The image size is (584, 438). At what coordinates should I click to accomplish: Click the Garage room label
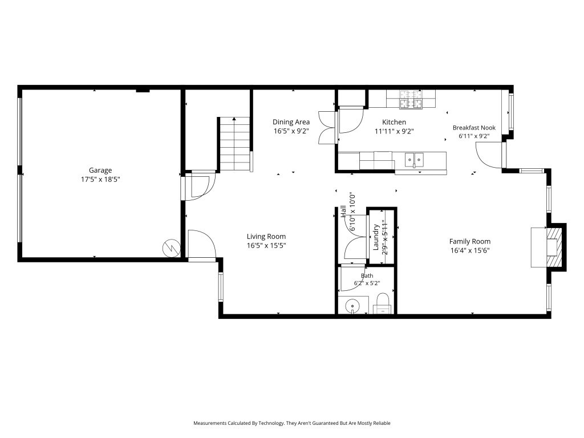[100, 170]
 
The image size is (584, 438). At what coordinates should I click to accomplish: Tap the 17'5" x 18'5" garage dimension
[100, 180]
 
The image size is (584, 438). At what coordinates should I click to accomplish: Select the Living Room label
[266, 237]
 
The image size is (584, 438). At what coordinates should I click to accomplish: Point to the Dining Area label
[291, 122]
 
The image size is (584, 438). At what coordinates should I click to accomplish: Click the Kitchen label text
[394, 122]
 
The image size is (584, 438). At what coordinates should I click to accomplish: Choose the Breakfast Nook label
[474, 128]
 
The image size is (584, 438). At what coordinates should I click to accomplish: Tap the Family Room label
[470, 241]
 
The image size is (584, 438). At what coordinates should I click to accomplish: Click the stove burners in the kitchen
[411, 99]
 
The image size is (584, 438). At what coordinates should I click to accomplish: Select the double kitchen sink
[414, 160]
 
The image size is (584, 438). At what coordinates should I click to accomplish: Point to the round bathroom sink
[352, 306]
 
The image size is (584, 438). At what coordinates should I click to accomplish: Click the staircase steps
[234, 144]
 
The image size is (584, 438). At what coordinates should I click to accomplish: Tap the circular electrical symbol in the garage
[171, 248]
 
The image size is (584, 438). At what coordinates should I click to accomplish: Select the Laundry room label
[376, 237]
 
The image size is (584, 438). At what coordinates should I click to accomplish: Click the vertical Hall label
[343, 211]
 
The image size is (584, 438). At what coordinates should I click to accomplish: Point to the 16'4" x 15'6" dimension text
[470, 251]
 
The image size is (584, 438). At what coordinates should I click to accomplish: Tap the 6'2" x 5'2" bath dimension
[367, 283]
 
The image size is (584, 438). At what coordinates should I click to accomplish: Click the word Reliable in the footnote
[381, 423]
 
